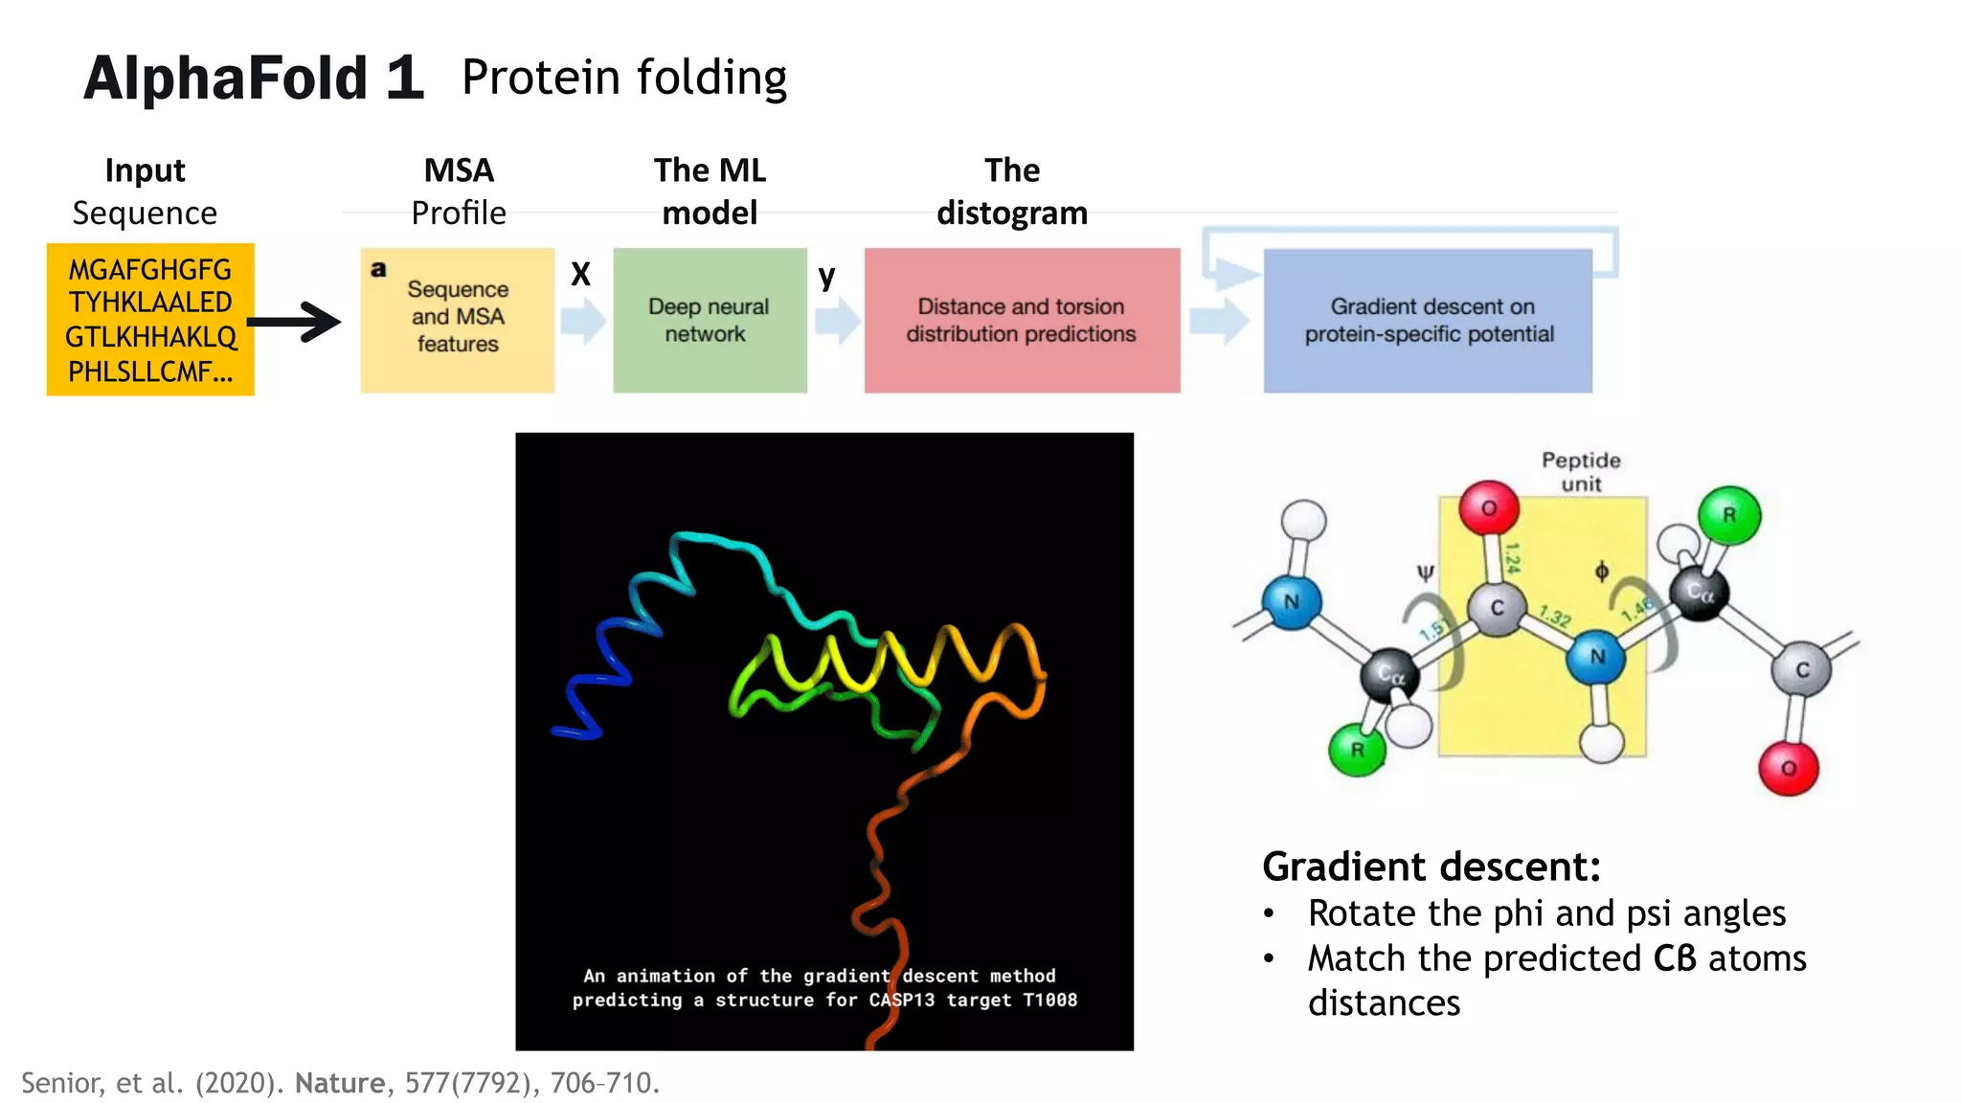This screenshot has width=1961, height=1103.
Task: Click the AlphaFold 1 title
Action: pos(253,78)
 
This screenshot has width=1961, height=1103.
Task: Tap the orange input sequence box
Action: pos(150,320)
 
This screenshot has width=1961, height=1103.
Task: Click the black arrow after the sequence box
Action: pos(296,322)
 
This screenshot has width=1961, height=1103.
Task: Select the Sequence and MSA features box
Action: pos(457,320)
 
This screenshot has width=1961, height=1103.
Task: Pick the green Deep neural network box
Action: pos(710,320)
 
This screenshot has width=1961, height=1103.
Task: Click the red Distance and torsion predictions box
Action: pos(1022,320)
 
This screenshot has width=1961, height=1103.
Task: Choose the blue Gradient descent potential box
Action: pos(1428,320)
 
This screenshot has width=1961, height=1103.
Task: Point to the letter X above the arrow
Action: pos(580,275)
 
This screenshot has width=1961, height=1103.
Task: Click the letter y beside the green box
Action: pos(826,277)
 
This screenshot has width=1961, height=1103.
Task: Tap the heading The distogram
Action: pos(1012,191)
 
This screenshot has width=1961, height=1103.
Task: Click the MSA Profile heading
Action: pos(459,191)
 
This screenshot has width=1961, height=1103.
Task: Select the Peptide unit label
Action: pos(1581,472)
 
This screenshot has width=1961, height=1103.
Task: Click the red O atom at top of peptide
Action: pos(1489,507)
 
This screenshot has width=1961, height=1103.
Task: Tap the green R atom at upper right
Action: pos(1729,515)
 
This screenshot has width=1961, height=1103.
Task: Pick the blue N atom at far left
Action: pos(1291,602)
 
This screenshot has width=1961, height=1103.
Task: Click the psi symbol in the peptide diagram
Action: pos(1426,573)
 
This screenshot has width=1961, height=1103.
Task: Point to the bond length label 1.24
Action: pos(1512,557)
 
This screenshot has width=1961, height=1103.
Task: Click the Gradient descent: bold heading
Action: pos(1431,867)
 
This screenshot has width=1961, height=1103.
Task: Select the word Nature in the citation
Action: pos(339,1083)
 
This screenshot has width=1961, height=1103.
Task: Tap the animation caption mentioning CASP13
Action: pos(824,988)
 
